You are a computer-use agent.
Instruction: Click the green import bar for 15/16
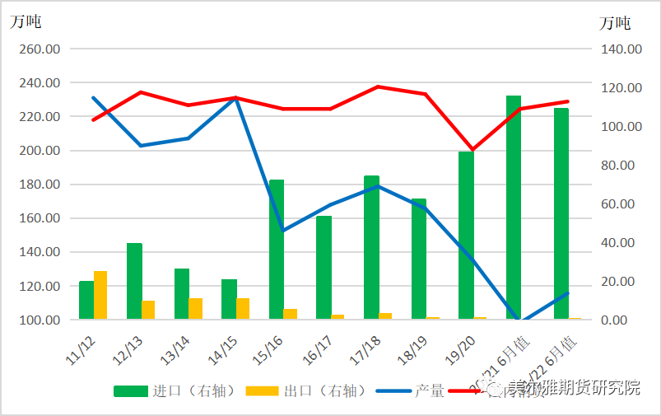pos(277,249)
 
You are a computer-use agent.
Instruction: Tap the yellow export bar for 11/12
pos(100,295)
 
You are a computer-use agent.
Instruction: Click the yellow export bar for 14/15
pos(243,309)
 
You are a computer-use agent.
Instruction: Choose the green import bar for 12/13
pos(134,281)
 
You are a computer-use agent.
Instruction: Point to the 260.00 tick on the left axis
pos(40,49)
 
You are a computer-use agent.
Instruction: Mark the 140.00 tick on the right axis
pos(621,49)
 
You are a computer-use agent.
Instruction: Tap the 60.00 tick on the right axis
pos(621,203)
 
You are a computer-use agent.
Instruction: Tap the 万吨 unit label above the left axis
pos(26,22)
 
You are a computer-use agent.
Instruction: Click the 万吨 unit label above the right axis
pos(615,22)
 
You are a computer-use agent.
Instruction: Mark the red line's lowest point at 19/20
pos(472,150)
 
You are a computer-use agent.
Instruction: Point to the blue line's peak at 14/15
pos(236,99)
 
